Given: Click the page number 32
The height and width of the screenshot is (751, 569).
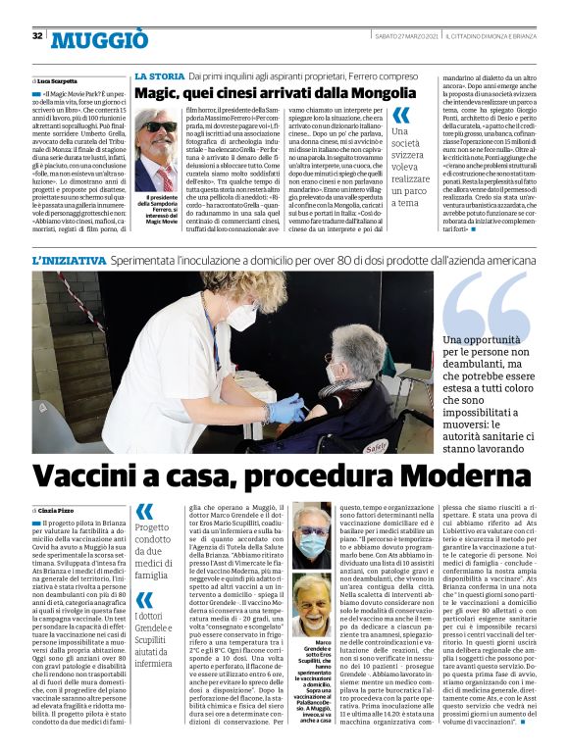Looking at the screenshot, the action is (x=36, y=36).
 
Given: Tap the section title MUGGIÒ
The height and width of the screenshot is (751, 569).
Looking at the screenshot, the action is (x=99, y=39).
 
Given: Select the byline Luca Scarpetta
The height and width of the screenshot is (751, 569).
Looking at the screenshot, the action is (x=56, y=80).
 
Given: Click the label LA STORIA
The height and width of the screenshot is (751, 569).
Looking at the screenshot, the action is (x=159, y=75).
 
